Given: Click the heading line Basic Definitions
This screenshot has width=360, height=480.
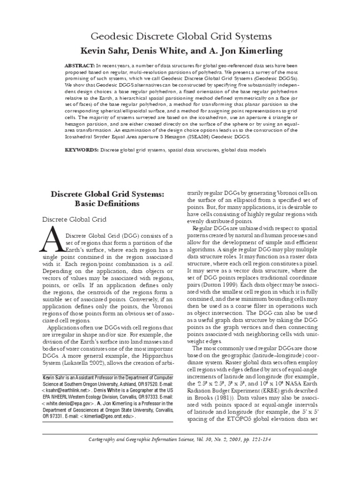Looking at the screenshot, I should [x=105, y=204].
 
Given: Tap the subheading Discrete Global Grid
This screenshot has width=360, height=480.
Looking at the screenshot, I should [x=75, y=220].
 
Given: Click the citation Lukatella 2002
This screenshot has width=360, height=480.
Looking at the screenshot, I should [x=96, y=364].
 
